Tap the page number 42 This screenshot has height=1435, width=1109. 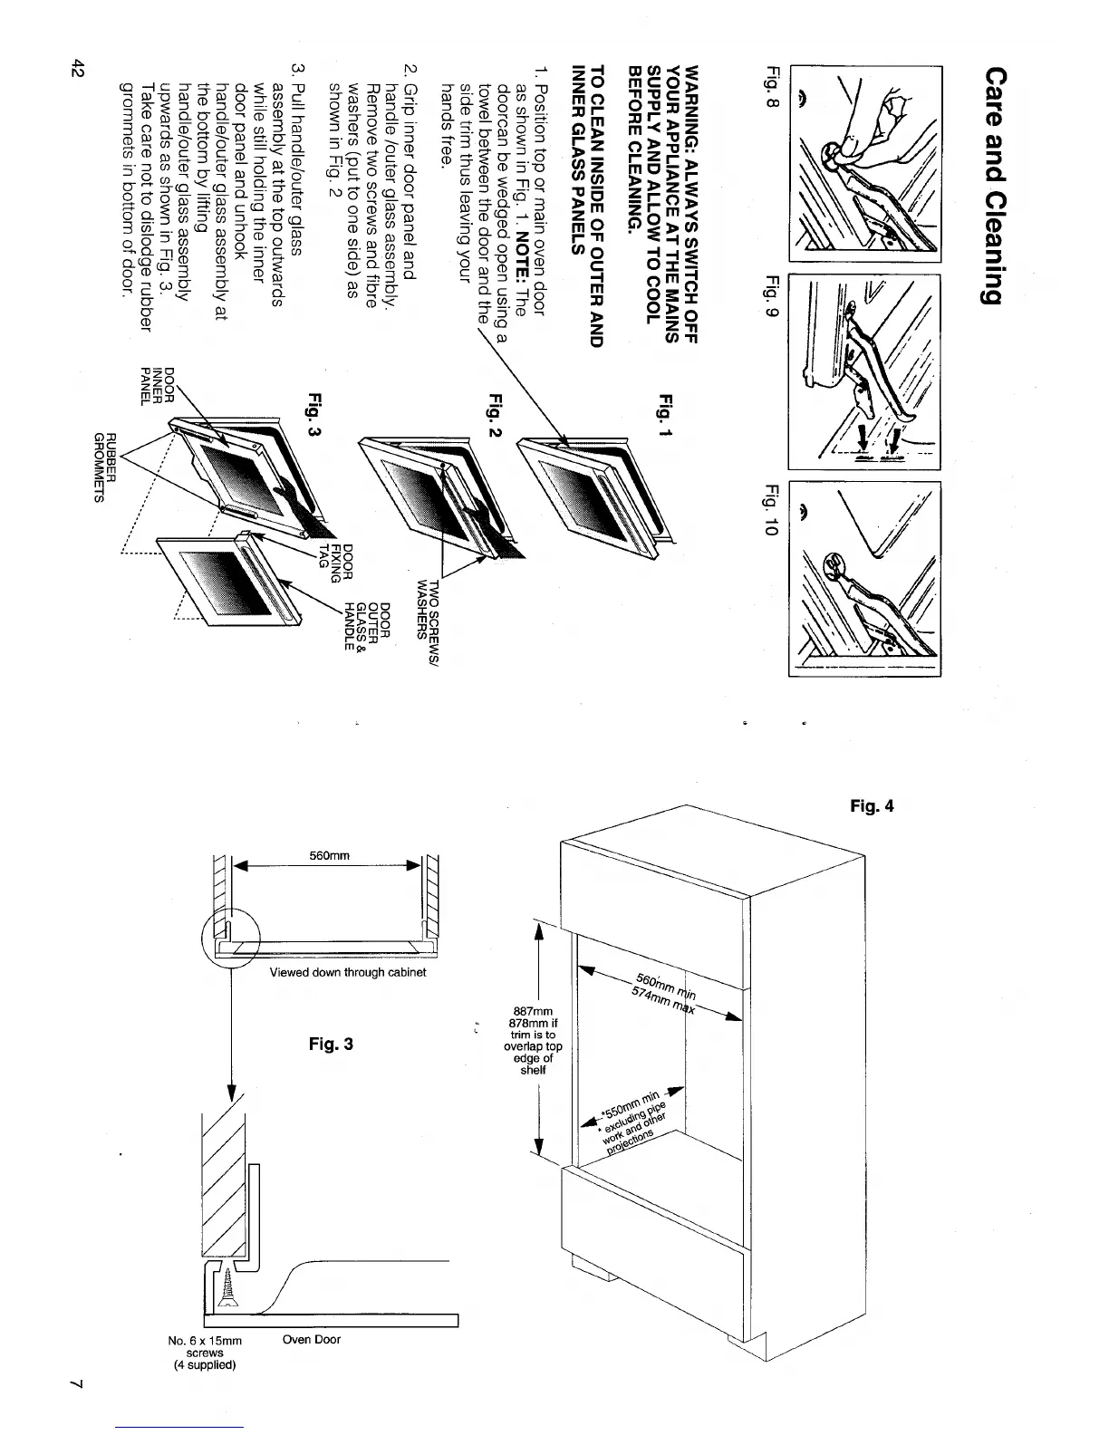[x=79, y=70]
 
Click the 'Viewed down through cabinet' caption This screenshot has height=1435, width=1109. [x=348, y=972]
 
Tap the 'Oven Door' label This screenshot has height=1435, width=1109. [x=312, y=1339]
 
